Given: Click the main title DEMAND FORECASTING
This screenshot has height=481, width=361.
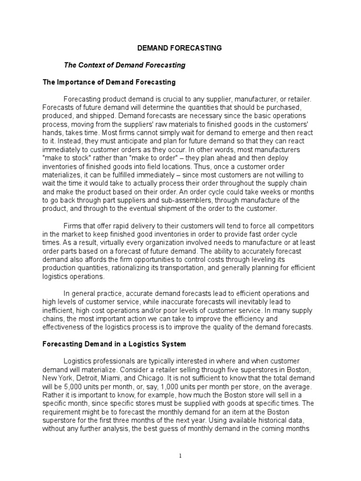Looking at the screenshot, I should (x=179, y=48).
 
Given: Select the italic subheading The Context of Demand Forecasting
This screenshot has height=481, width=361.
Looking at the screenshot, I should (x=125, y=65).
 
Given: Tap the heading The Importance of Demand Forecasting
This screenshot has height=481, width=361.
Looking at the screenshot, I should (x=109, y=82).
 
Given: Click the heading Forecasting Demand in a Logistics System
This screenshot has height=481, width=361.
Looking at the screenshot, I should (x=114, y=344).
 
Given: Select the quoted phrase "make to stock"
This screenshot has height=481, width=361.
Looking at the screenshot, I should (x=65, y=158).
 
